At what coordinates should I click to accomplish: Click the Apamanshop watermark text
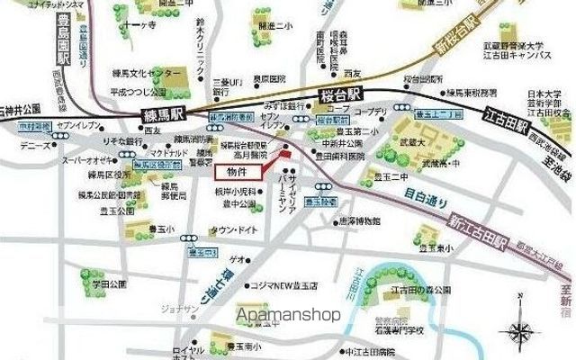click(x=289, y=315)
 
